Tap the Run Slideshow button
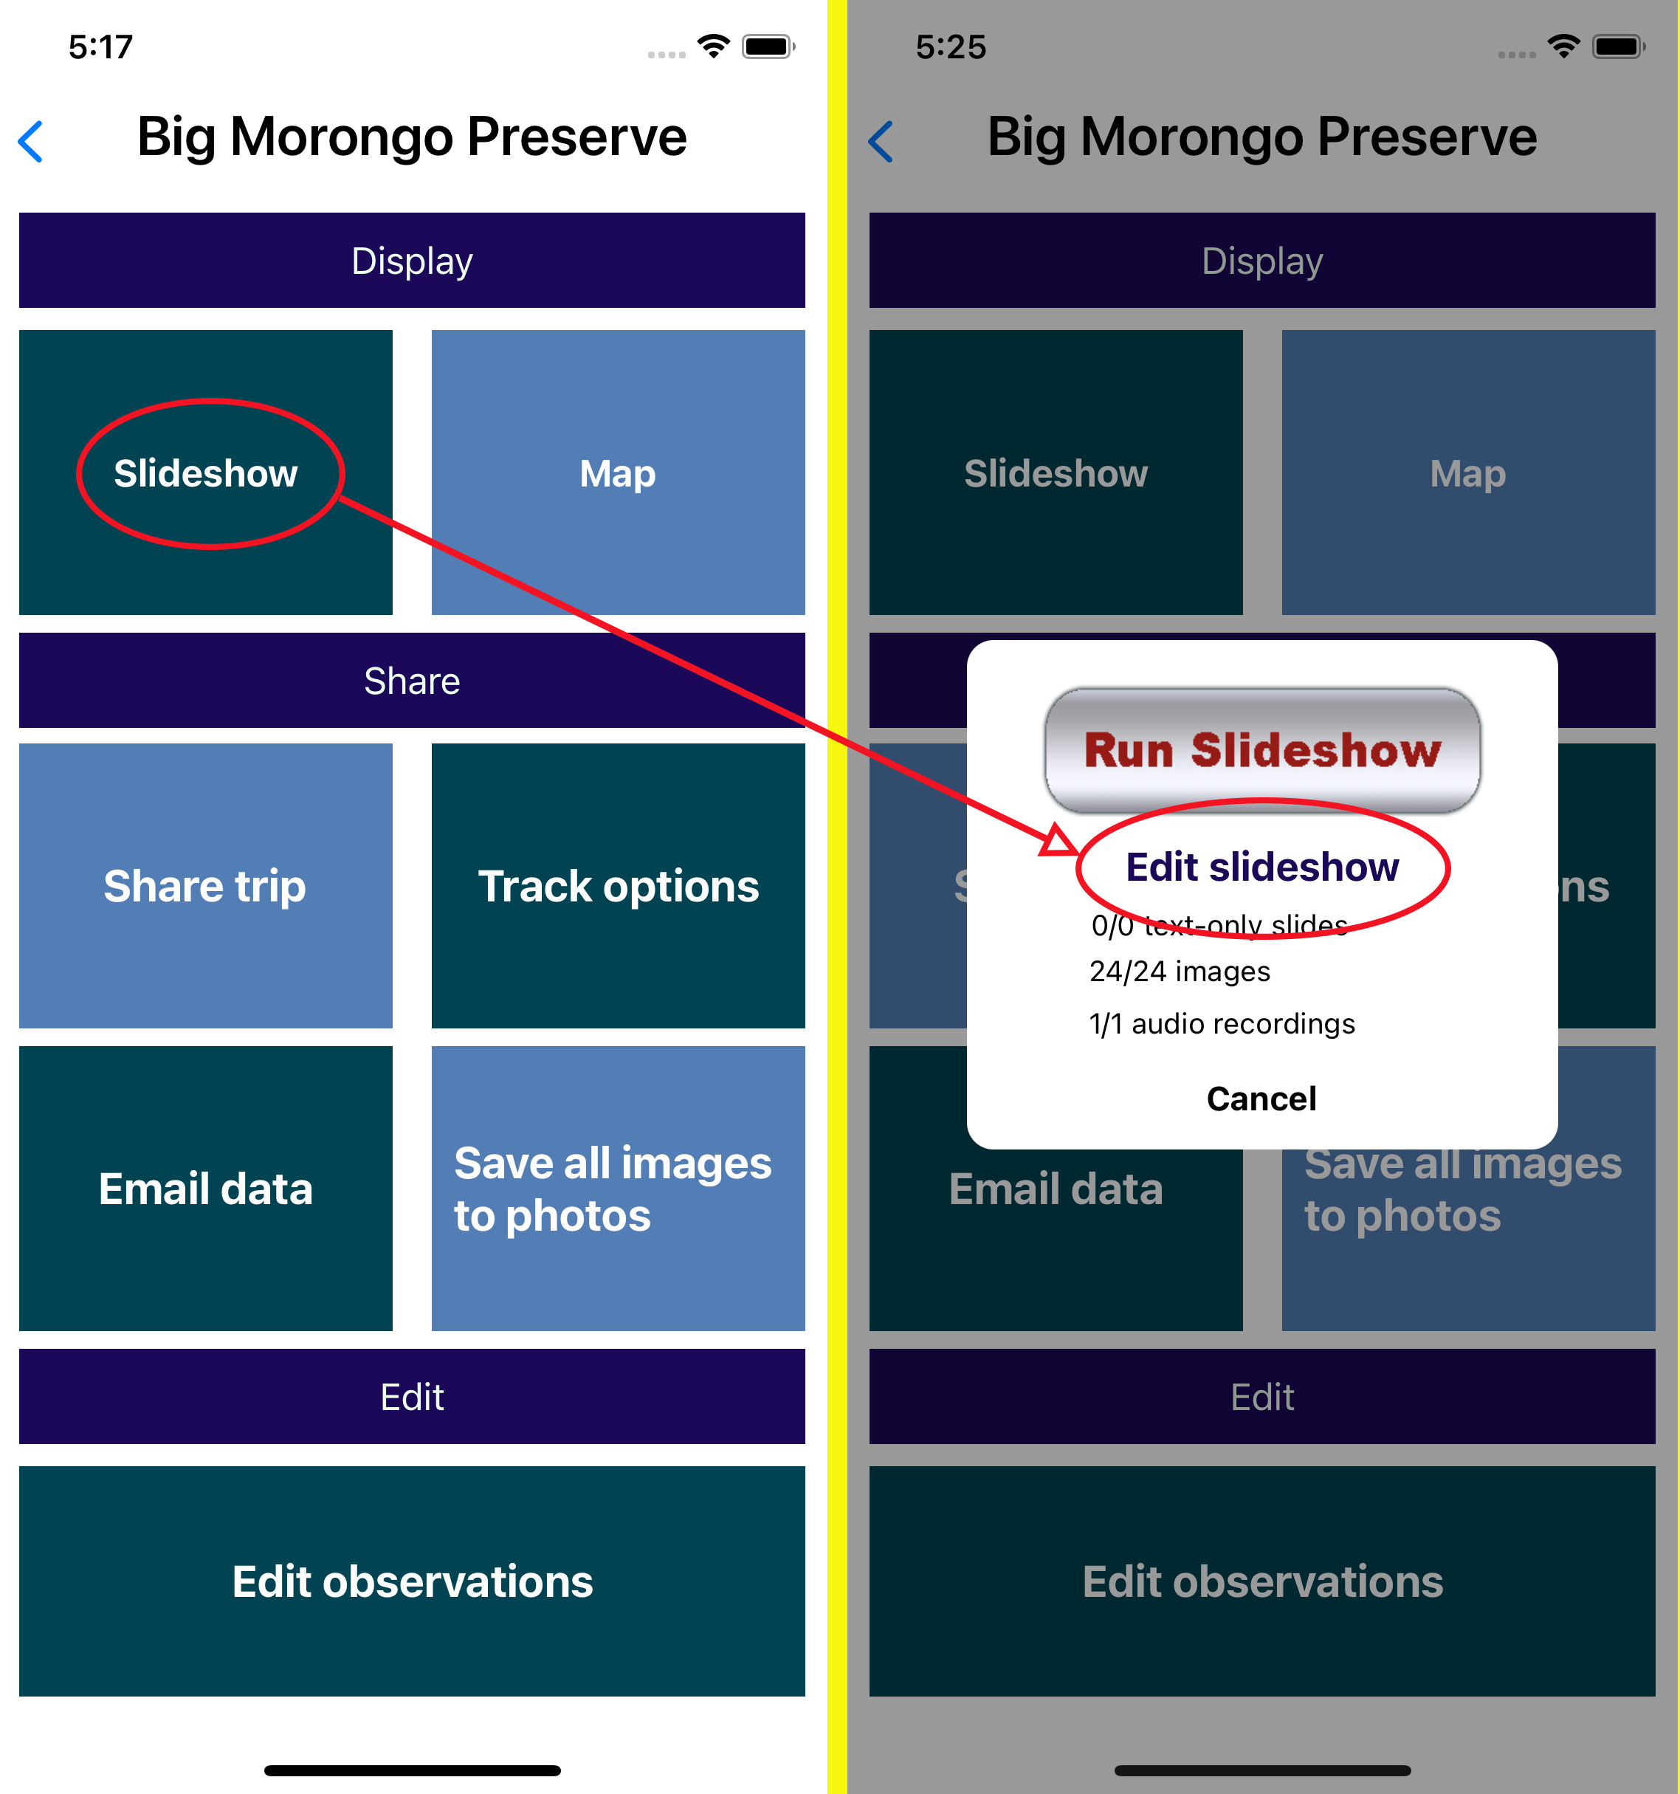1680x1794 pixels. pos(1261,750)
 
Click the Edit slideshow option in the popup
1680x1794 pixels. pos(1261,867)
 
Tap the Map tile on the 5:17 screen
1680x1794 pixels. pos(618,473)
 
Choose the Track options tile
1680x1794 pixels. pos(618,885)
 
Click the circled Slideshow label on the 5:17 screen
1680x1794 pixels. pos(206,473)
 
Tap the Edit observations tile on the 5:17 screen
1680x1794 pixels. pos(411,1581)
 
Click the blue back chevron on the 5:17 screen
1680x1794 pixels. pos(32,142)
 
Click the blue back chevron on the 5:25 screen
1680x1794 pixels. pos(881,142)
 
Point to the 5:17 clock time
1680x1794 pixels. pos(101,47)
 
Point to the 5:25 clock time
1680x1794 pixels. pos(951,47)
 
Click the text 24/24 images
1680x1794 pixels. pos(1180,971)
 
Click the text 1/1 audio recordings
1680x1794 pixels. pos(1222,1023)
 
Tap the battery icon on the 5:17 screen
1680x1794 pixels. pos(767,47)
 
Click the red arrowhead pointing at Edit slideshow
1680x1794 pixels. pos(1058,840)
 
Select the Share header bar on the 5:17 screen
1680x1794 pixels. pos(411,681)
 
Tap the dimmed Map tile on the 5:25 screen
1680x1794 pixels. pos(1468,473)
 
